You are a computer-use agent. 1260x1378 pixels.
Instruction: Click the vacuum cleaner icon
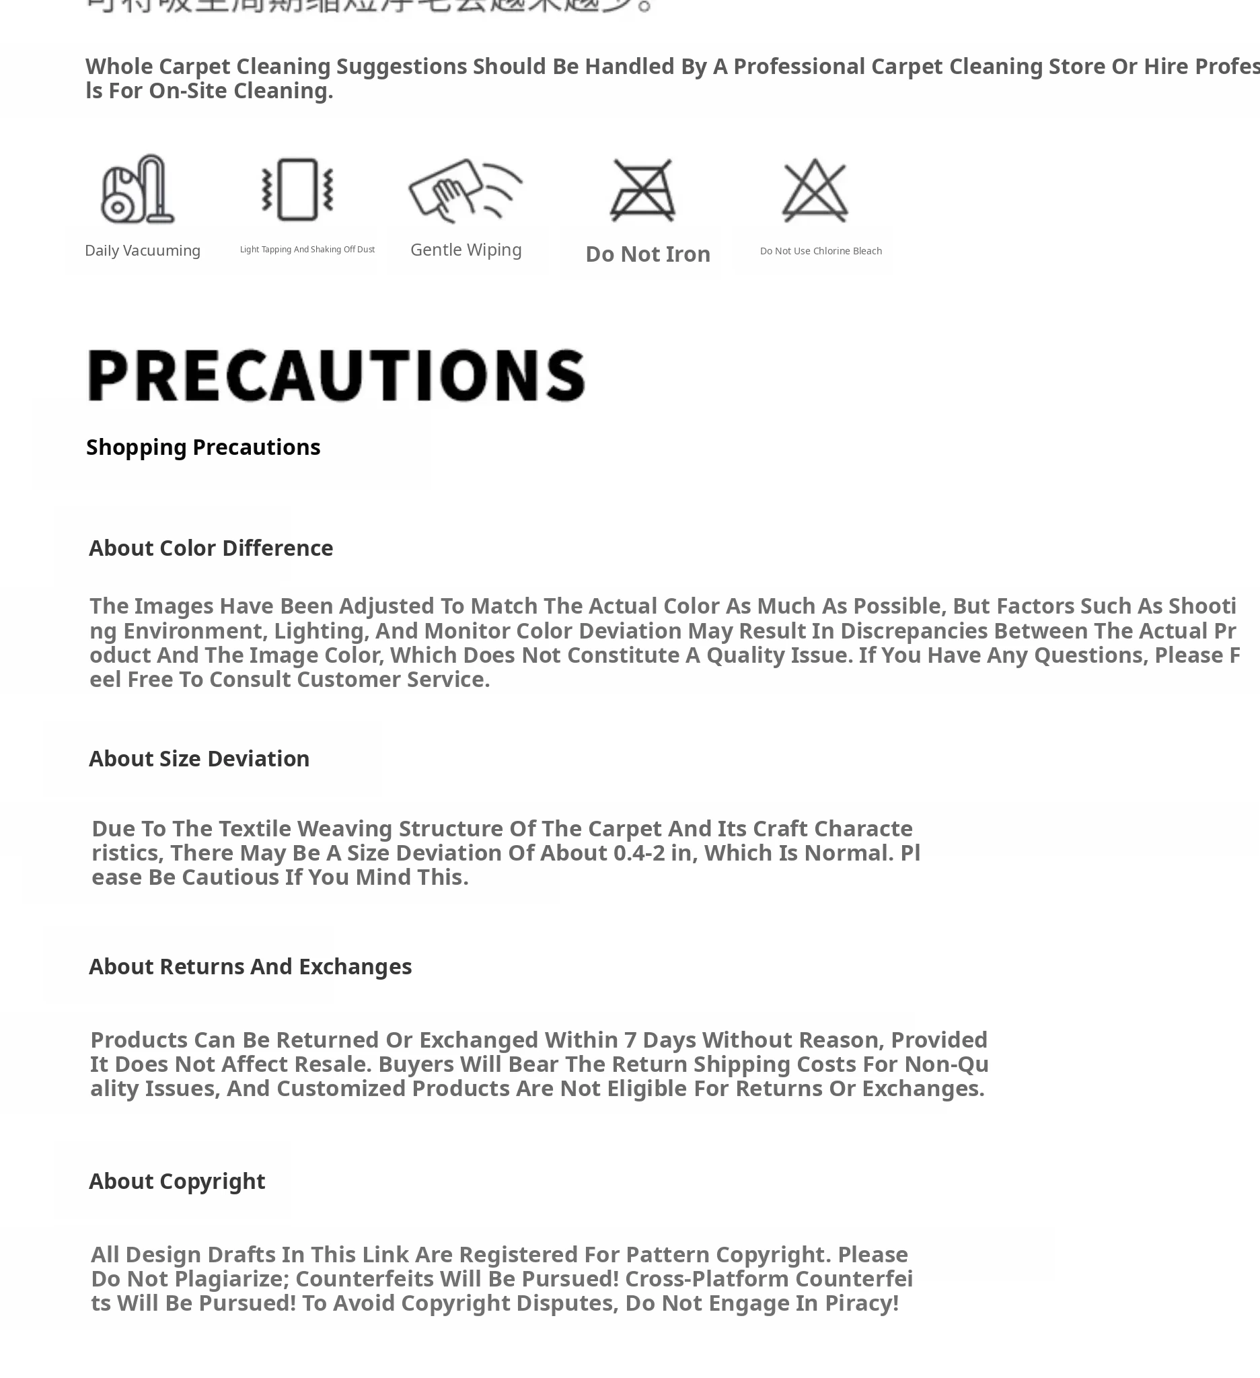(137, 189)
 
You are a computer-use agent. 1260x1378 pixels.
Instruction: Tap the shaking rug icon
(297, 189)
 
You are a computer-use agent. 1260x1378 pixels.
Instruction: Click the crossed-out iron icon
(642, 190)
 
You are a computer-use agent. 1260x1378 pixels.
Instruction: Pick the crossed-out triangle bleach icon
(815, 190)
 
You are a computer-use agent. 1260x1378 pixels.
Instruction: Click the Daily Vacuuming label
(142, 251)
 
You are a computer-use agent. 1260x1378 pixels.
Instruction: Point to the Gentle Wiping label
(466, 250)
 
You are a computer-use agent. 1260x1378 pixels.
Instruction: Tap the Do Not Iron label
(648, 254)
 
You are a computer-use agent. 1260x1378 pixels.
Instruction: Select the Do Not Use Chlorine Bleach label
(821, 251)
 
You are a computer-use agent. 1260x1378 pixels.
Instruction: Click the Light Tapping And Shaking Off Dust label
(307, 250)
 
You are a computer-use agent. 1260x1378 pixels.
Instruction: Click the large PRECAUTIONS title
(336, 375)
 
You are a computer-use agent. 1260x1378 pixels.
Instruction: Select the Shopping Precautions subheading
(203, 447)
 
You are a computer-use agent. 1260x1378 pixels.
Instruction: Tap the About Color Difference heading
(211, 548)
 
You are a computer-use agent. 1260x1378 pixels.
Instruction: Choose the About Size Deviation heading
(199, 759)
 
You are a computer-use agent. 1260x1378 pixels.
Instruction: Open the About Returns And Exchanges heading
(250, 966)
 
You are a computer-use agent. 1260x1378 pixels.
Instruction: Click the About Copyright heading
(177, 1181)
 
